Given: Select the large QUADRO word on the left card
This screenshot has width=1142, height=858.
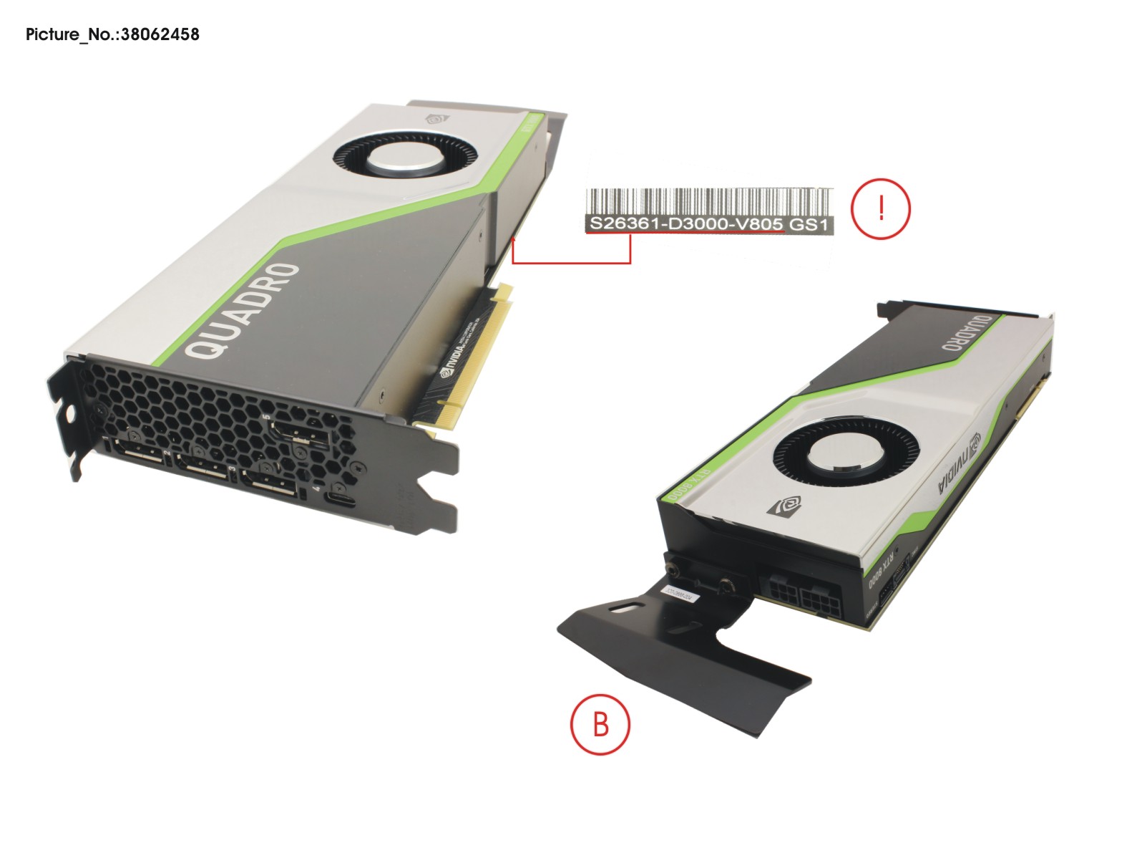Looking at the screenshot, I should tap(243, 312).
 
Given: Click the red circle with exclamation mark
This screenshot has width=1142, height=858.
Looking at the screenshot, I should tap(880, 208).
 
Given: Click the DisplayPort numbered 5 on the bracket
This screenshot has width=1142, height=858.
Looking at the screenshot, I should tap(298, 433).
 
